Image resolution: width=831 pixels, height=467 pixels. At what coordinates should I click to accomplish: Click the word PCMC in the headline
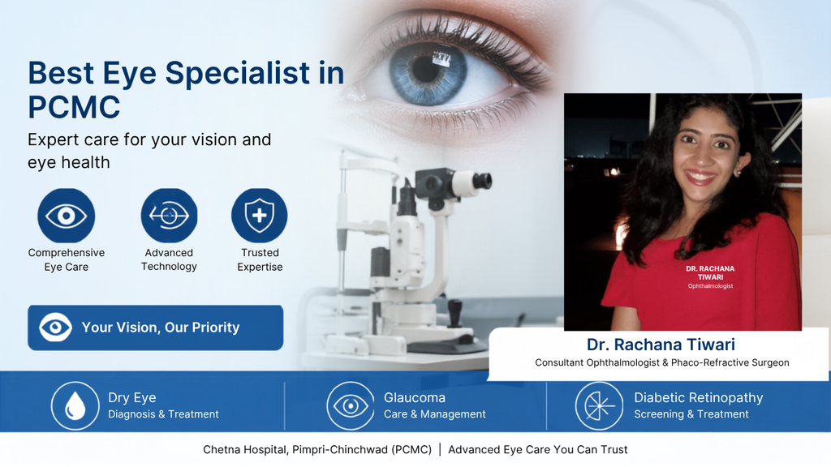tap(74, 107)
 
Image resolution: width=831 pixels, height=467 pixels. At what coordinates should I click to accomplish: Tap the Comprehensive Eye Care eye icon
tap(67, 216)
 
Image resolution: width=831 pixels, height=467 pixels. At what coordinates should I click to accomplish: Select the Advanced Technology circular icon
tap(169, 216)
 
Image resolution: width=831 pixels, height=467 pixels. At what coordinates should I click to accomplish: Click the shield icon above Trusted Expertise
tap(259, 216)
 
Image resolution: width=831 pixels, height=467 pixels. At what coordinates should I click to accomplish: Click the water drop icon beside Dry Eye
tap(75, 406)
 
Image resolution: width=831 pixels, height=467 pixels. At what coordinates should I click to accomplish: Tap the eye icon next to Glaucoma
tap(351, 406)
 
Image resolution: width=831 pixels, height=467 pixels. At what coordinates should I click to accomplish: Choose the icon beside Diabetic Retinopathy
tap(599, 406)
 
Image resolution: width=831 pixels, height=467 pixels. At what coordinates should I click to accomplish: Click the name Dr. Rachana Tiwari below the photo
tap(661, 345)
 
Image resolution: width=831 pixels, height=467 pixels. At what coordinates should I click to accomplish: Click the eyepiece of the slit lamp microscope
tap(482, 182)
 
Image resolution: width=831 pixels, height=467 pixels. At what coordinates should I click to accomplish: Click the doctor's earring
tap(737, 171)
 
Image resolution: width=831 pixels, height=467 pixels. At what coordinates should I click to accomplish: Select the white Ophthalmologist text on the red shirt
tap(710, 286)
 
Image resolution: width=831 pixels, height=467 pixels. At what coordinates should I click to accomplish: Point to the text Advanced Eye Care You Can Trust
tap(538, 449)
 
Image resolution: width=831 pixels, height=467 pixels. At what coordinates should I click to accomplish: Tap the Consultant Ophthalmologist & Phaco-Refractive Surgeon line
tap(662, 362)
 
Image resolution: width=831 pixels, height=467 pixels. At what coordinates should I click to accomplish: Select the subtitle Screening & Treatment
tap(691, 414)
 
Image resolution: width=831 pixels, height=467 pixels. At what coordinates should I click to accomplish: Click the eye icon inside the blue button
tap(56, 328)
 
